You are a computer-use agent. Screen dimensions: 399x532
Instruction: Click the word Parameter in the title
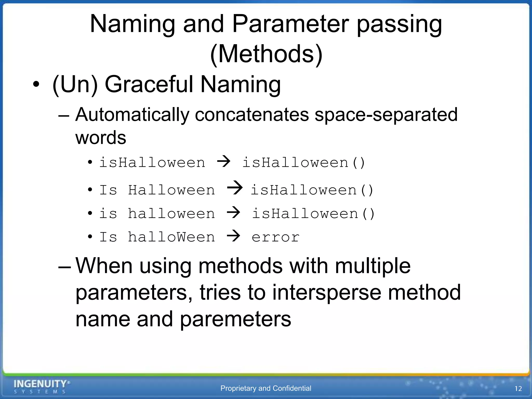click(x=290, y=24)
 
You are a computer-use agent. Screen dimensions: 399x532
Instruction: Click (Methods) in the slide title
click(x=266, y=54)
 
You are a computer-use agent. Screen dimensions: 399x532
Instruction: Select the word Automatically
click(x=132, y=115)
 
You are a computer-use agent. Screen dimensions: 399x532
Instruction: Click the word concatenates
click(x=251, y=115)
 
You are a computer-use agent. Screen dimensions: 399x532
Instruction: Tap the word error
click(x=275, y=237)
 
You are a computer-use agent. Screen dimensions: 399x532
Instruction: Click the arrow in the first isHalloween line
click(x=224, y=161)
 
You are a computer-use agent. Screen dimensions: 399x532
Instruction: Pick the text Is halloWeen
click(x=157, y=237)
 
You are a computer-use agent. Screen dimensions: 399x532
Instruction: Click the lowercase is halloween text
click(x=157, y=214)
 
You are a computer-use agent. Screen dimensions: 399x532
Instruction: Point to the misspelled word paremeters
click(x=235, y=319)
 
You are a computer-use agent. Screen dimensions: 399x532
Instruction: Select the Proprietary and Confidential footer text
click(x=265, y=388)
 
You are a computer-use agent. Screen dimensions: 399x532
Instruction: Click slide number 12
click(x=518, y=389)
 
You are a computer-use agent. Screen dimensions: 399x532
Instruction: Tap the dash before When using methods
click(x=64, y=267)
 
